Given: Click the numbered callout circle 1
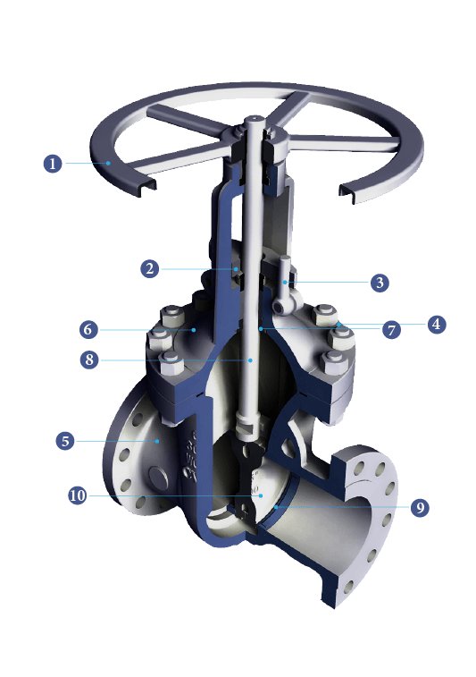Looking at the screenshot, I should click(53, 164).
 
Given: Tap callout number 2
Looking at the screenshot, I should click(150, 267).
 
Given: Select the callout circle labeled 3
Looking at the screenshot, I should click(380, 282).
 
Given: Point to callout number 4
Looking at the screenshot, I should click(435, 324).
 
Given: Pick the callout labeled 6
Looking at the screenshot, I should click(88, 329).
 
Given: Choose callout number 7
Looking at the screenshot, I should click(390, 329).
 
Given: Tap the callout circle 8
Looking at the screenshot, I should click(88, 360).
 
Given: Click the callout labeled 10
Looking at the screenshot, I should click(77, 495).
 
